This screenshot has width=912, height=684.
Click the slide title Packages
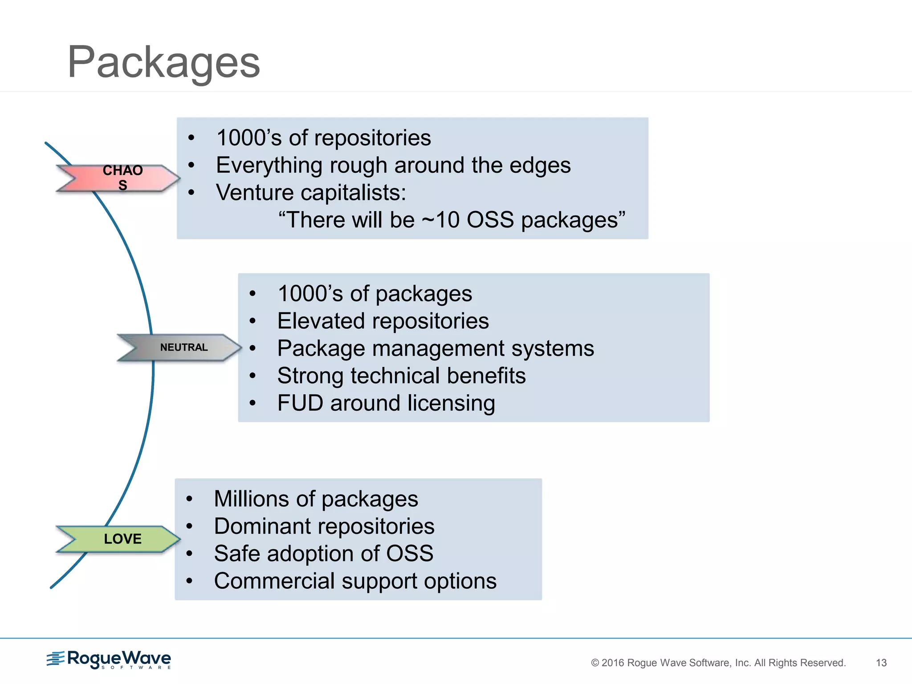163,62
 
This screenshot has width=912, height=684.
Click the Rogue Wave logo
109,660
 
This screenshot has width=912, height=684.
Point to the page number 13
881,663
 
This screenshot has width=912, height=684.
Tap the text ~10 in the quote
440,220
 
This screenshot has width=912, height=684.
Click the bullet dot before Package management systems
252,348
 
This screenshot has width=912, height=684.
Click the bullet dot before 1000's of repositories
191,138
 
